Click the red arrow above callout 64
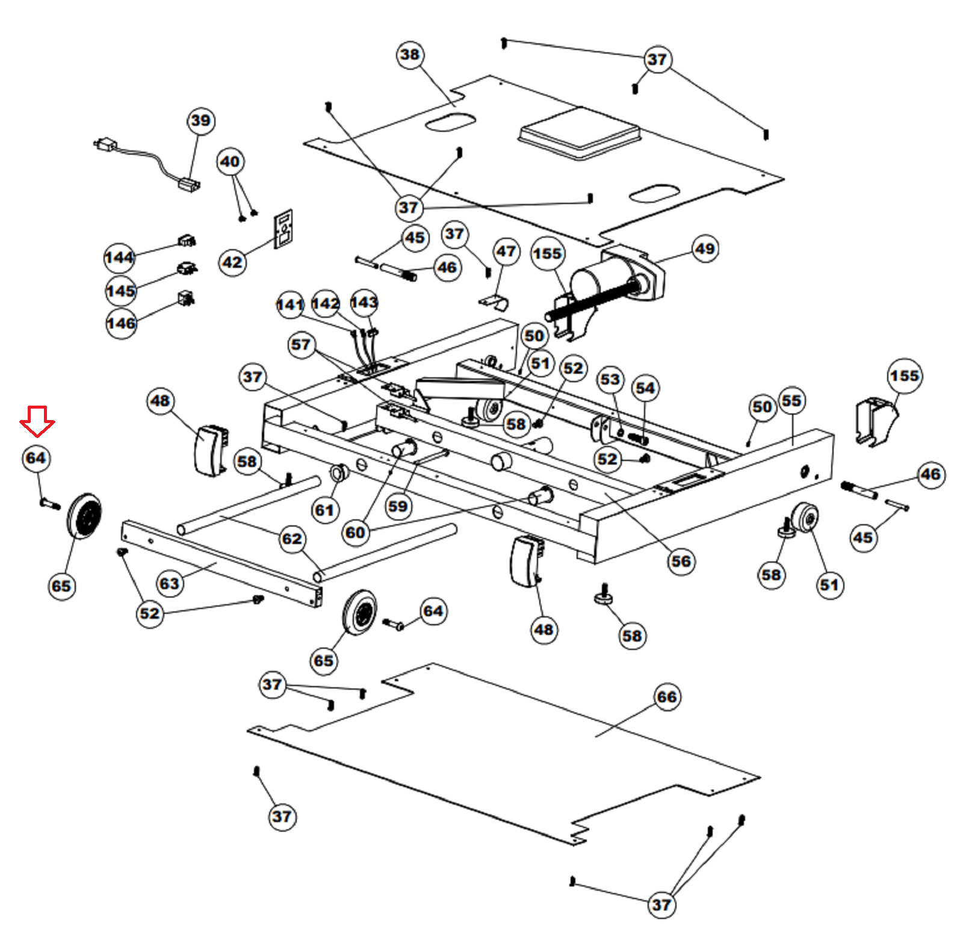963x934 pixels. coord(37,421)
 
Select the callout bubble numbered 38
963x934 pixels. coord(410,55)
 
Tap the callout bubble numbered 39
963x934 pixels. coord(200,121)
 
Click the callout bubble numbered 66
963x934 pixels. coord(666,697)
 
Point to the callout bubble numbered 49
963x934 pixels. coord(705,249)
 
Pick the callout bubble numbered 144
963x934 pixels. coord(119,258)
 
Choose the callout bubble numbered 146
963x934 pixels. coord(121,323)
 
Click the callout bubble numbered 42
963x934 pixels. coord(232,262)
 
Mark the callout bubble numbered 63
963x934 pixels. coord(169,583)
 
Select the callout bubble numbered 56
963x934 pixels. coord(681,561)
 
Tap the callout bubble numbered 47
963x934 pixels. coord(506,251)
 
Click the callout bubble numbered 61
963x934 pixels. coord(324,510)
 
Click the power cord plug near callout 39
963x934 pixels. coord(106,145)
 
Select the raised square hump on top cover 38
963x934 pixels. coord(579,134)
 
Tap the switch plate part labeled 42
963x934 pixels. coord(283,229)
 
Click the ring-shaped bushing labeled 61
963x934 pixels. coord(339,474)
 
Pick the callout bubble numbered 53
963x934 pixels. coord(610,379)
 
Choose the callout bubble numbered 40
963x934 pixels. coord(230,162)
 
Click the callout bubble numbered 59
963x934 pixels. coord(398,506)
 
